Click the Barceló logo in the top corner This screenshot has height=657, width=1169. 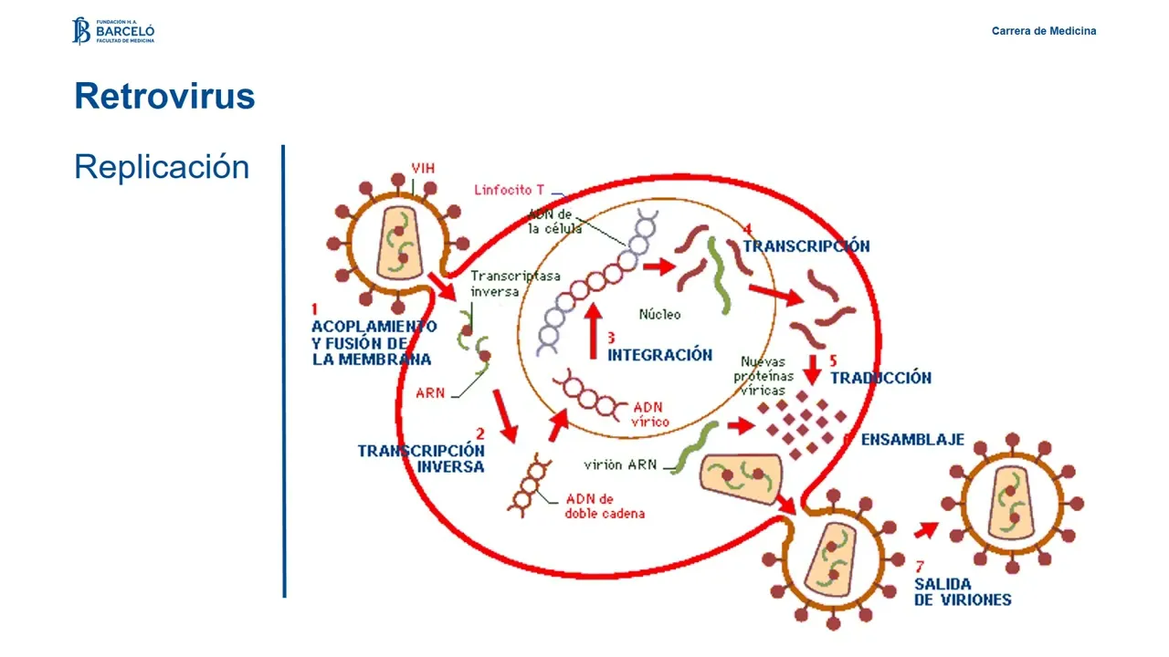pyautogui.click(x=113, y=30)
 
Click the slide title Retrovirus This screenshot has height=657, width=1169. pyautogui.click(x=164, y=96)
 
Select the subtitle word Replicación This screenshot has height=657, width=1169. pyautogui.click(x=162, y=167)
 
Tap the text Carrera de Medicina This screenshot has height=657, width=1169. pyautogui.click(x=1044, y=31)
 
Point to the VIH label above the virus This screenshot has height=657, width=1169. pyautogui.click(x=423, y=169)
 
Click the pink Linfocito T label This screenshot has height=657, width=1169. pyautogui.click(x=509, y=190)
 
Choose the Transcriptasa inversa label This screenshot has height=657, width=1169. pyautogui.click(x=502, y=284)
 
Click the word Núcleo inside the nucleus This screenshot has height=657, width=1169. pyautogui.click(x=659, y=314)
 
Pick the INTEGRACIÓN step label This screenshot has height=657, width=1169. pyautogui.click(x=658, y=355)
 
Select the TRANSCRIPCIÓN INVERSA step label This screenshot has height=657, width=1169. pyautogui.click(x=421, y=458)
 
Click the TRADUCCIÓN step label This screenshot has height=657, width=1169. pyautogui.click(x=880, y=378)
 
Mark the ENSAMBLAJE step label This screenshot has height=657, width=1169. pyautogui.click(x=912, y=440)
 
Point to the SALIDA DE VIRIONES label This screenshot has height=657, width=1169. pyautogui.click(x=963, y=591)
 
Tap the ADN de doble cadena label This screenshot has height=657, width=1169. pyautogui.click(x=604, y=506)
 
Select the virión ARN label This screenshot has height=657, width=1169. pyautogui.click(x=616, y=464)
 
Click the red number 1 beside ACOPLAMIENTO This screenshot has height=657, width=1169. pyautogui.click(x=315, y=310)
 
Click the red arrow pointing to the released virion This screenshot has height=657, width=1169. pyautogui.click(x=926, y=529)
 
